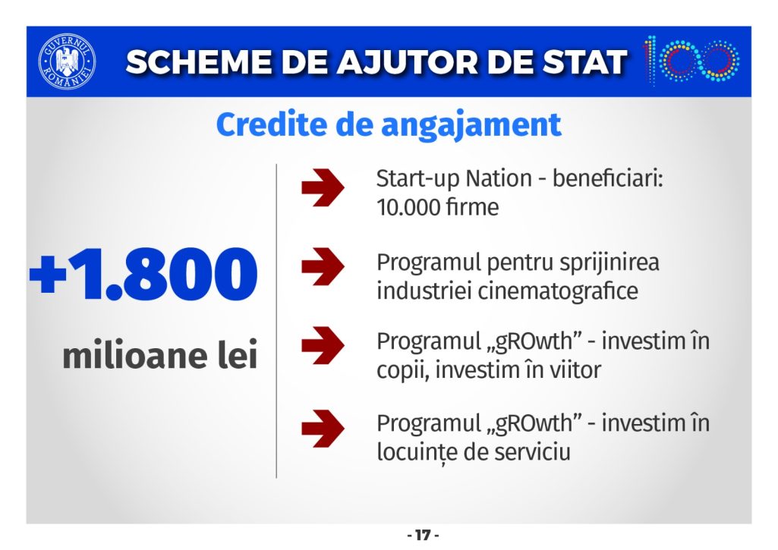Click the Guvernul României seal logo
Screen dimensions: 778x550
point(67,61)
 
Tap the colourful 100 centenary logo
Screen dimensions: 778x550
point(691,60)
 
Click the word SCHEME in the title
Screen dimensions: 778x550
point(198,62)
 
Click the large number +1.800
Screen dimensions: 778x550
point(143,275)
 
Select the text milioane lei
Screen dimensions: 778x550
point(159,355)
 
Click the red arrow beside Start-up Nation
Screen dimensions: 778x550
point(323,187)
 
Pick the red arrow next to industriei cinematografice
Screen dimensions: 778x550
point(323,267)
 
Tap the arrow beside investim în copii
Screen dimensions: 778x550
point(323,345)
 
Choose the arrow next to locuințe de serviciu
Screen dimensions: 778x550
point(323,429)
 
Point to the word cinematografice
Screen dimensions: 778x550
point(558,291)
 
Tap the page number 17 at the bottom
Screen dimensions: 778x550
point(423,535)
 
